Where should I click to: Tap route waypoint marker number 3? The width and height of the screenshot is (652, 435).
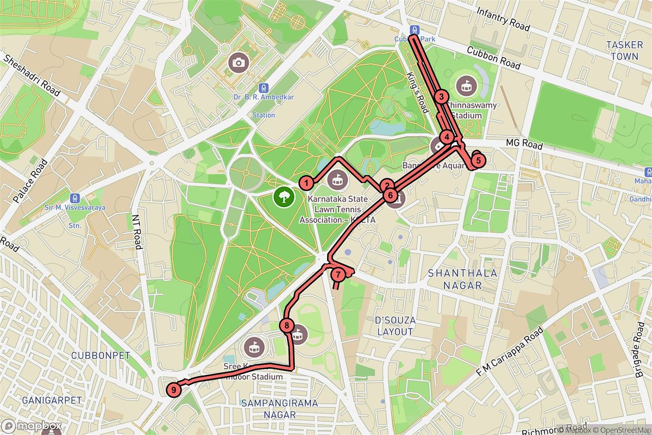442,97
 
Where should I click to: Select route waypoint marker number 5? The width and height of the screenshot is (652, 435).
478,160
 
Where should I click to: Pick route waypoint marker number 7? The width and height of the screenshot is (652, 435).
338,275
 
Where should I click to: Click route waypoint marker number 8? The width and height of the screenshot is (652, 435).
287,326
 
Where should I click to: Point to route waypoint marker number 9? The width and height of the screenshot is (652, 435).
173,389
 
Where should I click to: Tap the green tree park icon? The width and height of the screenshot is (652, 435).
283,196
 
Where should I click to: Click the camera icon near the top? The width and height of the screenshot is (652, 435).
238,63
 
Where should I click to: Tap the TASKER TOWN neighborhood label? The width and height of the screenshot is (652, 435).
624,50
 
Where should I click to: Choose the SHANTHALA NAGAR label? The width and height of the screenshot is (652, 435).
462,278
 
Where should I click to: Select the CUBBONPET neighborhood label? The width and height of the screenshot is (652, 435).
101,356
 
